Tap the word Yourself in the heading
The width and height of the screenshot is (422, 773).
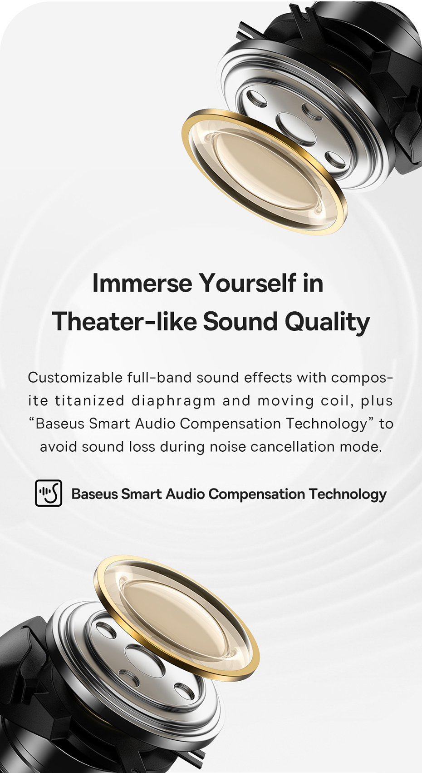point(248,283)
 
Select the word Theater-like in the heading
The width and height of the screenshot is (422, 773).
point(124,321)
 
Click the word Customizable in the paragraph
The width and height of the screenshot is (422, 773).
point(75,378)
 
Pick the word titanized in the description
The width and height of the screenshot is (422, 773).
point(89,401)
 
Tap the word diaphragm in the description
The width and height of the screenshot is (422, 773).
point(174,401)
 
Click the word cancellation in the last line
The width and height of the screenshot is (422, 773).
point(293,447)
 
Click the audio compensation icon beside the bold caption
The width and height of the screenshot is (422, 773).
point(49,493)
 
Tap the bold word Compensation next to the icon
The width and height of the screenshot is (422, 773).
point(257,494)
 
